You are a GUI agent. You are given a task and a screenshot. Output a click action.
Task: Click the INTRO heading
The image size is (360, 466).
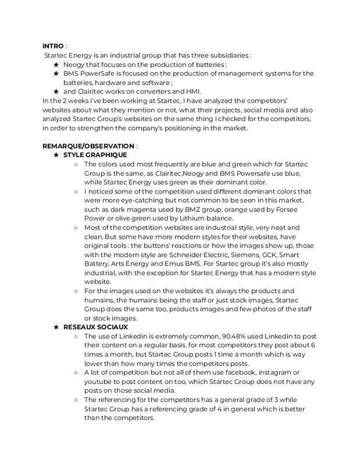click(x=52, y=46)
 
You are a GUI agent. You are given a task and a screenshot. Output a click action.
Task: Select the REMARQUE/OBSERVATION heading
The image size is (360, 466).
click(x=88, y=146)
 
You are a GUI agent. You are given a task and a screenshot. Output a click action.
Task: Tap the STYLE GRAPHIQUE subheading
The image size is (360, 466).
click(x=94, y=155)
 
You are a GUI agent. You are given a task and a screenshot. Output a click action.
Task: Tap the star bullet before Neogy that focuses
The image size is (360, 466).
click(x=56, y=64)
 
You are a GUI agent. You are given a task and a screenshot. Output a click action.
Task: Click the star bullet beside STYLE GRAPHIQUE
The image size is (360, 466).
click(x=56, y=155)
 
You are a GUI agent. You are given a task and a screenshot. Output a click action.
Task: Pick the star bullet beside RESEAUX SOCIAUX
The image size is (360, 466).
click(x=56, y=327)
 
